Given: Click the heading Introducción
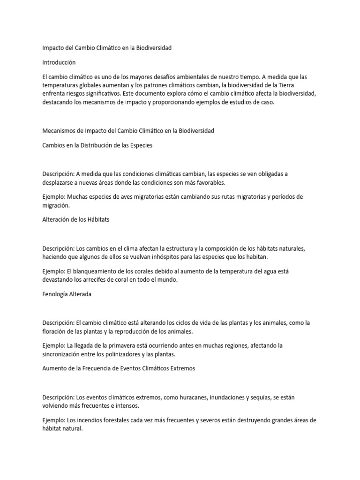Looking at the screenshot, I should [59, 62].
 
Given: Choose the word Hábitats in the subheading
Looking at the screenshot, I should [97, 219].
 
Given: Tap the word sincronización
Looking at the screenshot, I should [63, 354].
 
